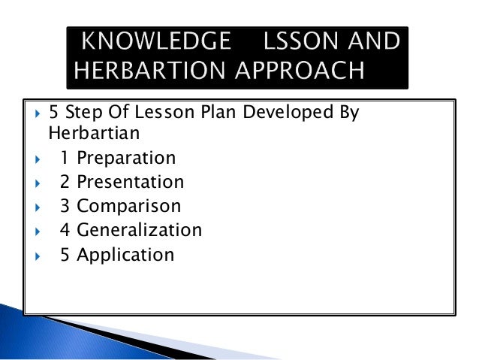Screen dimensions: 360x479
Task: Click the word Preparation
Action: pyautogui.click(x=126, y=158)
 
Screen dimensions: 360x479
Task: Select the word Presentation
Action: pyautogui.click(x=130, y=182)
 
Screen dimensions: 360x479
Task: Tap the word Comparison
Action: pyautogui.click(x=128, y=206)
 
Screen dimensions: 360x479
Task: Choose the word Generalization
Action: pyautogui.click(x=139, y=230)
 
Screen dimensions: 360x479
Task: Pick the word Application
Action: pyautogui.click(x=125, y=254)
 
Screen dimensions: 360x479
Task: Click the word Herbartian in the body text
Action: pyautogui.click(x=83, y=132)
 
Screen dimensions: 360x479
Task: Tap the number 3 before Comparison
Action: pyautogui.click(x=65, y=206)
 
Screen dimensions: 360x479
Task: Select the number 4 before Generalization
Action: pyautogui.click(x=65, y=230)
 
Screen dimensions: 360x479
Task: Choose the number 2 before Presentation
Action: pyautogui.click(x=65, y=182)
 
